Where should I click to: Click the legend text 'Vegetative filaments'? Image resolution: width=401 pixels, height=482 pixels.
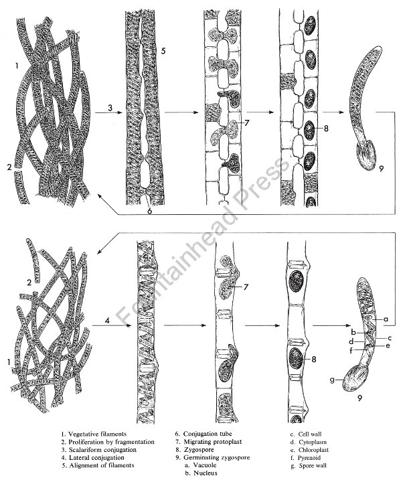pyautogui.click(x=97, y=434)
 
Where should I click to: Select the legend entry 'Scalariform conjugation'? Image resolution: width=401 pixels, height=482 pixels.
pyautogui.click(x=102, y=449)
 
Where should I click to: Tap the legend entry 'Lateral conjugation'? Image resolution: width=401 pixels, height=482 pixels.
pyautogui.click(x=96, y=457)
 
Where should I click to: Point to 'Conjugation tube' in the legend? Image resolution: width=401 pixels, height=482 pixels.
pyautogui.click(x=208, y=434)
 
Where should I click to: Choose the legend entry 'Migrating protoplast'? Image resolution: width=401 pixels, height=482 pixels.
pyautogui.click(x=213, y=442)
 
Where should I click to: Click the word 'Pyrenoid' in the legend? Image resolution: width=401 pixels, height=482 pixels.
pyautogui.click(x=309, y=457)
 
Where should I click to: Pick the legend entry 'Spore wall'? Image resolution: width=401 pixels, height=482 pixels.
pyautogui.click(x=313, y=465)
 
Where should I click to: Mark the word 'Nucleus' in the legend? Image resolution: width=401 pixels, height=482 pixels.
pyautogui.click(x=206, y=473)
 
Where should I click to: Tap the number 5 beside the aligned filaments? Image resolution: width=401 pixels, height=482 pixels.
pyautogui.click(x=163, y=51)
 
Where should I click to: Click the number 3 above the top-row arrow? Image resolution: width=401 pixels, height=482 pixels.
pyautogui.click(x=110, y=108)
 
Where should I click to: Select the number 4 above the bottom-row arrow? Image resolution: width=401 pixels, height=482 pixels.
pyautogui.click(x=107, y=320)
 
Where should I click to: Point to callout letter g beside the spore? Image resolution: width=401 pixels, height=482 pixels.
pyautogui.click(x=332, y=380)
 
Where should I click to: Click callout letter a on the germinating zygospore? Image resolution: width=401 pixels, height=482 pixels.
pyautogui.click(x=386, y=319)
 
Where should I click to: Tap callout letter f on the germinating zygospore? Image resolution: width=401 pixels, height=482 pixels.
pyautogui.click(x=351, y=350)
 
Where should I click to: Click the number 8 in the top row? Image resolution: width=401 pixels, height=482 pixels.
pyautogui.click(x=326, y=128)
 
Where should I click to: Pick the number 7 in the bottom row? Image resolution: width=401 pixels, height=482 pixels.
pyautogui.click(x=246, y=287)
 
